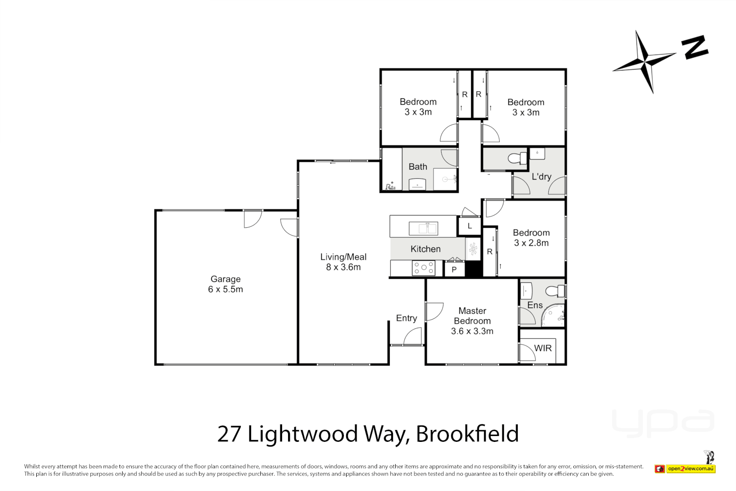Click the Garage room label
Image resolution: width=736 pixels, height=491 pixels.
(225, 279)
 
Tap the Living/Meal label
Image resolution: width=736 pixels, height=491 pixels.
(343, 257)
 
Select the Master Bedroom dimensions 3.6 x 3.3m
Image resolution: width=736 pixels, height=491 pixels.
(472, 331)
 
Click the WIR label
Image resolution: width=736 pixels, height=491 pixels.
(543, 348)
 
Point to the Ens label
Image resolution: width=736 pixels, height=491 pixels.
(535, 305)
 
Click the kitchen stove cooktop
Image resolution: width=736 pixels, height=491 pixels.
(423, 268)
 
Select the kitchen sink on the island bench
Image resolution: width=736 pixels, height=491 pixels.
(423, 228)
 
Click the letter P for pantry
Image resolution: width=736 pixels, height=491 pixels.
(454, 270)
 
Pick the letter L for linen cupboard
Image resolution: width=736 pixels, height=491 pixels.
(470, 226)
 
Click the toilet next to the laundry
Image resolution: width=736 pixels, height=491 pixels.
(517, 158)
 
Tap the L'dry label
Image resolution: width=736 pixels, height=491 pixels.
(542, 176)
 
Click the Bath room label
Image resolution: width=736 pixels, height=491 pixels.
(418, 167)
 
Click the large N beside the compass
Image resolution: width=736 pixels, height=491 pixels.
(694, 47)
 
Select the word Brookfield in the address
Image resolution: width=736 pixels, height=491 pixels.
(467, 434)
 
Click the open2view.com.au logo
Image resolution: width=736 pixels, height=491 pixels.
(691, 469)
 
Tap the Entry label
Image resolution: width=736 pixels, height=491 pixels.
(406, 318)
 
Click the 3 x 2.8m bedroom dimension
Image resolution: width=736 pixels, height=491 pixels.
(531, 243)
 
